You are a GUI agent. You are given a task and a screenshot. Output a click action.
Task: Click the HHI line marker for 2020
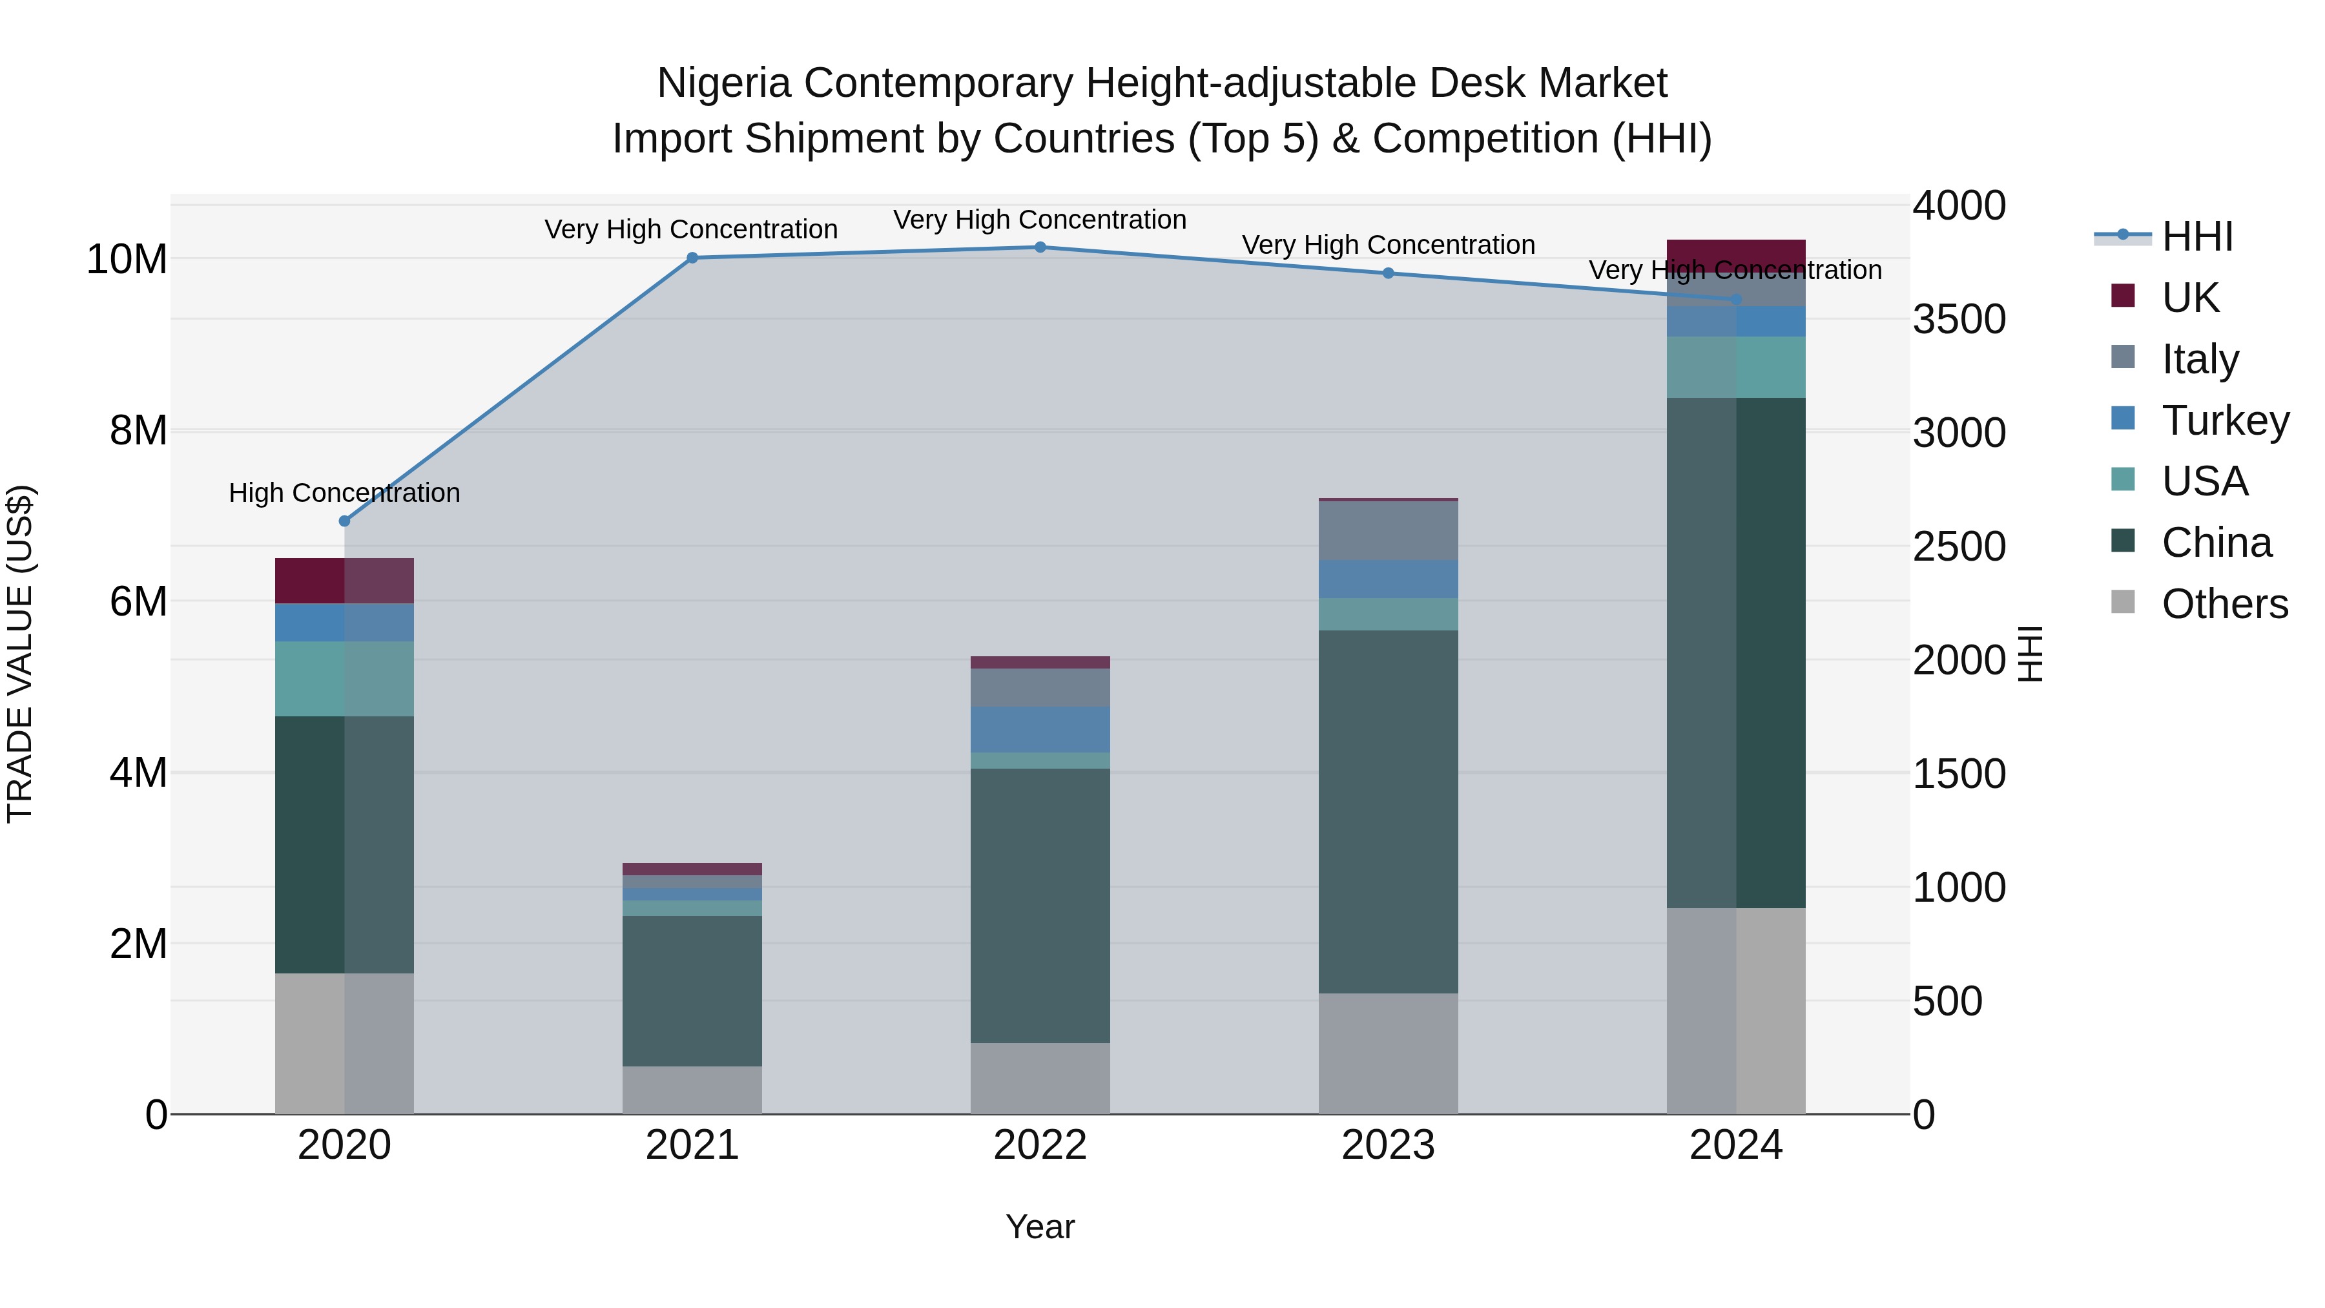(344, 521)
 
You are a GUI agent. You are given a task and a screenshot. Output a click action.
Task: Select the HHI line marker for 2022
(1040, 247)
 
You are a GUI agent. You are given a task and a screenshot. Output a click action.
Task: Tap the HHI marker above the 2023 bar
(1388, 273)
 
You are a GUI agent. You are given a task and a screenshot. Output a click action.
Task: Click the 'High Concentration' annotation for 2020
(344, 493)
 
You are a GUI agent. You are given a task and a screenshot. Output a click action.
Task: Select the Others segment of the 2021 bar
(692, 1090)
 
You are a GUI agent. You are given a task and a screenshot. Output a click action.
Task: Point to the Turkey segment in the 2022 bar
(1040, 729)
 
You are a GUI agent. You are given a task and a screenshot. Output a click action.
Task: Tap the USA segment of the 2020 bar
(344, 679)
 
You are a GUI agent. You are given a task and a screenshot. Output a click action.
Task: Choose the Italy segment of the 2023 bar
(1388, 531)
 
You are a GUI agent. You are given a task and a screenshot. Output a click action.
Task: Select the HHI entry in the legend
(2197, 236)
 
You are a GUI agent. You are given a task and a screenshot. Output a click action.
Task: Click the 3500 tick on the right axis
(1959, 320)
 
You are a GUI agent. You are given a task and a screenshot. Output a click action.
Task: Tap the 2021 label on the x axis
(692, 1145)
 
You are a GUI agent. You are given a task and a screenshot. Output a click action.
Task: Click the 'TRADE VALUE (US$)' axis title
(20, 654)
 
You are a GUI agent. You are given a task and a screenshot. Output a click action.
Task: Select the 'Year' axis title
(1040, 1227)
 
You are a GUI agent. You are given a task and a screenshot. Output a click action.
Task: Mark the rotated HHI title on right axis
(2030, 654)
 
